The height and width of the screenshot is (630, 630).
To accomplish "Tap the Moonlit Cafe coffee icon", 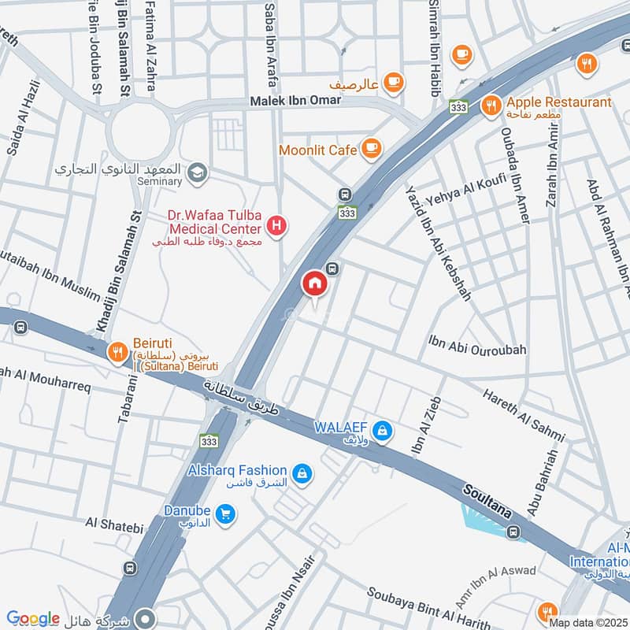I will [371, 147].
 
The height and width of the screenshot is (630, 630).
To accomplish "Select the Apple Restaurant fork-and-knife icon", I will [491, 104].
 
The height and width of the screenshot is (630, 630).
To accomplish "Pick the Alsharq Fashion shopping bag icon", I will [301, 473].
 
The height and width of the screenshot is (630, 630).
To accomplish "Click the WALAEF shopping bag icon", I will [383, 431].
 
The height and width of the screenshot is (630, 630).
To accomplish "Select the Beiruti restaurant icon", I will [117, 352].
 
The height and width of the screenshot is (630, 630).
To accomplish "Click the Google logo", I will [33, 619].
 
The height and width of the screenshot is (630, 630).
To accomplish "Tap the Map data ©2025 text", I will [588, 623].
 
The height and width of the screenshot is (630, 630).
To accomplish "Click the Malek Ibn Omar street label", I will [293, 102].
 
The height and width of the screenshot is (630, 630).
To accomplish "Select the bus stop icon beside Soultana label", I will [514, 532].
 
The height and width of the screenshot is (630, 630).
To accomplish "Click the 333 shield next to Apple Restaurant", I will [458, 106].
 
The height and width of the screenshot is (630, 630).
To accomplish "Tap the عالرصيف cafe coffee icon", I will [394, 80].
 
